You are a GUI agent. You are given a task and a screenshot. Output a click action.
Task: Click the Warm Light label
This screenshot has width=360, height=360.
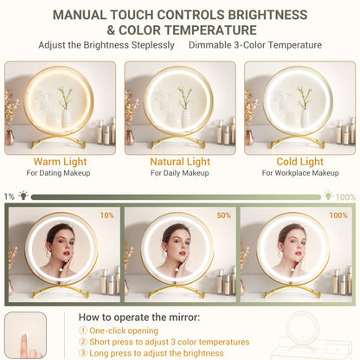(60, 162)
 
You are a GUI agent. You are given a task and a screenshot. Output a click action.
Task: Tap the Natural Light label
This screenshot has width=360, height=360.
(180, 162)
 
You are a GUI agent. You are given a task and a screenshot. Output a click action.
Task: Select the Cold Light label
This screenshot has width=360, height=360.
(300, 162)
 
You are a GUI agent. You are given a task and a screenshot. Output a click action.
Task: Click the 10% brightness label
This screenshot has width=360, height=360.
(107, 215)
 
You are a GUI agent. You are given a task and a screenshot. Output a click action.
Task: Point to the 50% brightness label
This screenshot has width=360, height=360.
(223, 215)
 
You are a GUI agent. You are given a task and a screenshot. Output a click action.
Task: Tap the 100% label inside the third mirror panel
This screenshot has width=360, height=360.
(338, 215)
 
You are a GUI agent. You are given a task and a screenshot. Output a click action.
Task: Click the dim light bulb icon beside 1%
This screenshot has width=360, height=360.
(23, 196)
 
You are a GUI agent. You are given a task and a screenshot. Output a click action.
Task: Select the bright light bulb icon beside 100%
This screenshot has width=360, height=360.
(328, 196)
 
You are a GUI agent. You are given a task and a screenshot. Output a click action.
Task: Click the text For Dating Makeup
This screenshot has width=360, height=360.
(58, 173)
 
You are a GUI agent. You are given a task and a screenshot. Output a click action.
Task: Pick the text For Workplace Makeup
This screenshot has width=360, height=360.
(300, 173)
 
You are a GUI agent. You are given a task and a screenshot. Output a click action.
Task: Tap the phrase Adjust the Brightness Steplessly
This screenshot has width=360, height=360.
(106, 45)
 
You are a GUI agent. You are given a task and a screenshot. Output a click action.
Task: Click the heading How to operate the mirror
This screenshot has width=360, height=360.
(139, 318)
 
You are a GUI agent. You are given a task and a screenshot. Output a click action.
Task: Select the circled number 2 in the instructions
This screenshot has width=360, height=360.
(83, 342)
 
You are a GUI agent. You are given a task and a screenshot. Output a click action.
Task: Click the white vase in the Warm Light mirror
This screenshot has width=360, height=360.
(66, 119)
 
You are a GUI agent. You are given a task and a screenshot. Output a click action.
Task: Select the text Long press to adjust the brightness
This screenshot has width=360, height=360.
(157, 353)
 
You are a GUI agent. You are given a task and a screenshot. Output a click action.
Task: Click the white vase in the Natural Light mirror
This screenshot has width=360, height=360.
(185, 119)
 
